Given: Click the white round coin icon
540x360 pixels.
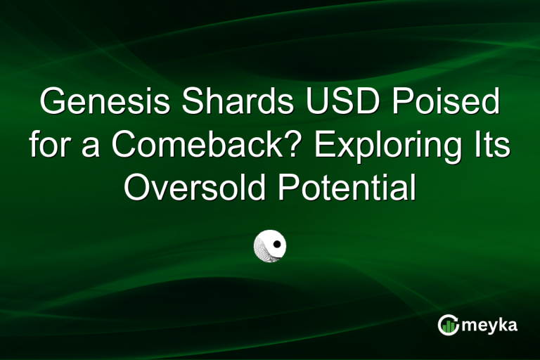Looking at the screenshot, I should pos(270,244).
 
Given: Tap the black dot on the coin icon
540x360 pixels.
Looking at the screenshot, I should pos(278,245).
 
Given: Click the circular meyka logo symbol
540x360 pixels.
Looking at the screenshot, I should pos(448,325).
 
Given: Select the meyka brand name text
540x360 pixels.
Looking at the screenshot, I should pos(489,326).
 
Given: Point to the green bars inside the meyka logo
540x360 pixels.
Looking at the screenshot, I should pos(448,326).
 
